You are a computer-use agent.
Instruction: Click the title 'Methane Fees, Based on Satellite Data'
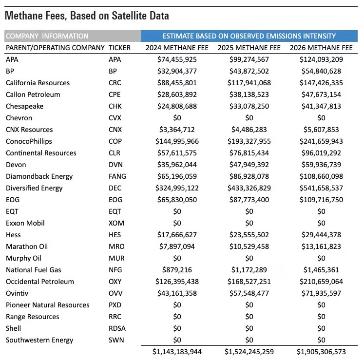[x=87, y=16]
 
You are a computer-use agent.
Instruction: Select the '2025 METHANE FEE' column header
[x=249, y=48]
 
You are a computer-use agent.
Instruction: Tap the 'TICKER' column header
[x=119, y=48]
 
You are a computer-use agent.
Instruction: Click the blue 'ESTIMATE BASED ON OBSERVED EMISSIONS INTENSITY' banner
[x=249, y=36]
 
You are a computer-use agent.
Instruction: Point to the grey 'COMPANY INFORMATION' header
[x=47, y=36]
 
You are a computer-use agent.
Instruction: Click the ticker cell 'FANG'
[x=117, y=176]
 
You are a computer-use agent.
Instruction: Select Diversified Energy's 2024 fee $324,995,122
[x=177, y=188]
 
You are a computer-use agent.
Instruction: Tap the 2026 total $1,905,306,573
[x=321, y=351]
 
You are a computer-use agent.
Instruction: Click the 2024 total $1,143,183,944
[x=177, y=351]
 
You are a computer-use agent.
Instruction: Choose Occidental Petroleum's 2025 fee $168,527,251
[x=249, y=282]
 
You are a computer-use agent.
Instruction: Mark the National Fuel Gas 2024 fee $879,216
[x=177, y=270]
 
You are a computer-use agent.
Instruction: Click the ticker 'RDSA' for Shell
[x=117, y=328]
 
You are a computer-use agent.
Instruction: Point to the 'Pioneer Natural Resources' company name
[x=48, y=305]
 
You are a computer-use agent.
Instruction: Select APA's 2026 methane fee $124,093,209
[x=321, y=59]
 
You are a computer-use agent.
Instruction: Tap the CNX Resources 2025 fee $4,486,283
[x=249, y=130]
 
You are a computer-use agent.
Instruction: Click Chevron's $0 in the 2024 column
[x=177, y=118]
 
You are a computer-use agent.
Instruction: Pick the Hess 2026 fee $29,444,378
[x=321, y=235]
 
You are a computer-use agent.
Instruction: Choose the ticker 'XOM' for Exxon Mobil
[x=116, y=223]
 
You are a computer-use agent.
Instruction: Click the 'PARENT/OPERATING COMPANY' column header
[x=55, y=48]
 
